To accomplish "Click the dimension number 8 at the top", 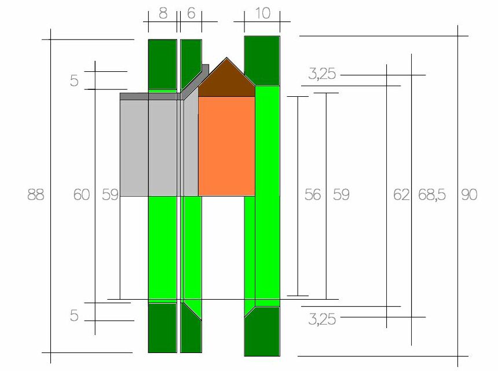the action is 163,13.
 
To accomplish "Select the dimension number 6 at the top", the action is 191,13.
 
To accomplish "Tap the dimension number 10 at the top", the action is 263,13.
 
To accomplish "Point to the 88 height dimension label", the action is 35,195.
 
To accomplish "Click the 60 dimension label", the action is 82,195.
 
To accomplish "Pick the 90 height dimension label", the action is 469,195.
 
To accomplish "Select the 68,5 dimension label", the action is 432,195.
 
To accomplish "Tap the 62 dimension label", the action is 401,195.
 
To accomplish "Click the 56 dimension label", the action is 313,195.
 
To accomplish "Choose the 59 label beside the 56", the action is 341,195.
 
